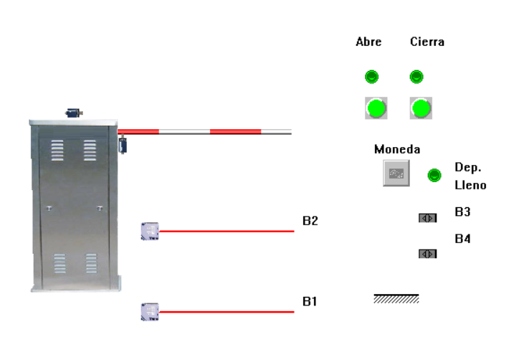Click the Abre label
[368, 42]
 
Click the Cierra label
[427, 42]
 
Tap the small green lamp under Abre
[372, 76]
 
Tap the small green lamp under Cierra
[416, 76]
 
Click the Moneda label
[397, 149]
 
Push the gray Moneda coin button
[396, 174]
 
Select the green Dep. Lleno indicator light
[434, 175]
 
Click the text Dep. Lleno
[470, 176]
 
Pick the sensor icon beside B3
[428, 218]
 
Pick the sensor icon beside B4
[428, 253]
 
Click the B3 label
[462, 212]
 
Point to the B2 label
[310, 221]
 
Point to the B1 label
[310, 301]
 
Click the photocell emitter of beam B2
[149, 231]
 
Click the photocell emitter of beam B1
[149, 311]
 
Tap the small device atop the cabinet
[74, 113]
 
